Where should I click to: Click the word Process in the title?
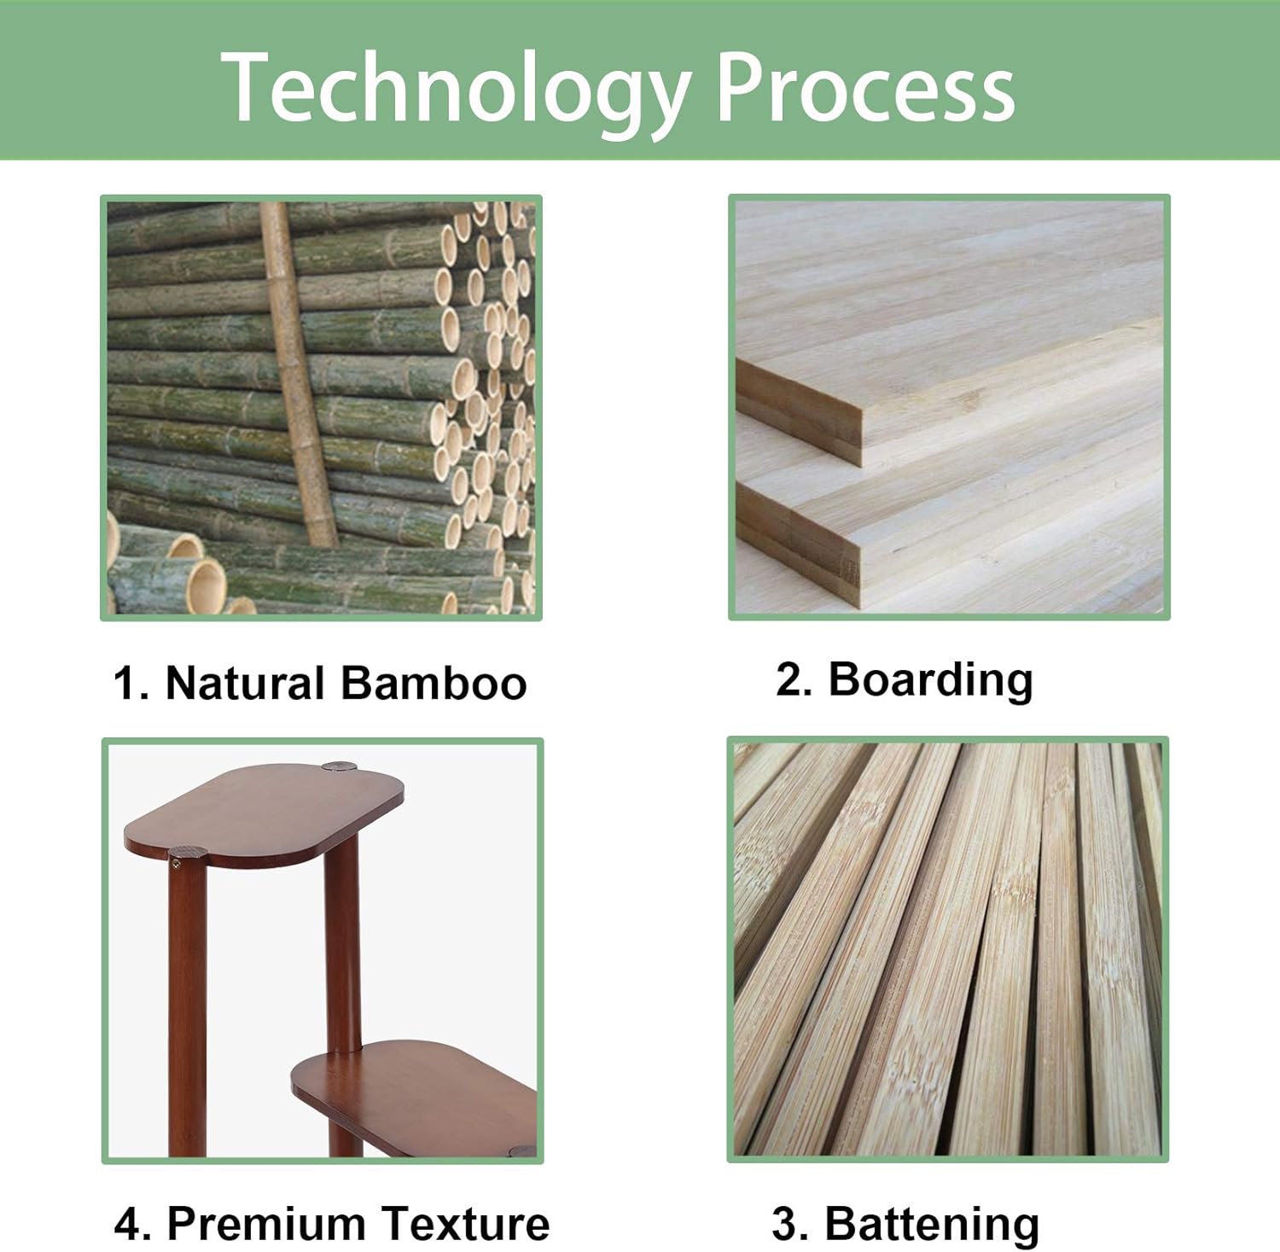pyautogui.click(x=865, y=87)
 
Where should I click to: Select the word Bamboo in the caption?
pyautogui.click(x=433, y=683)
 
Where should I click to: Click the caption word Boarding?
pyautogui.click(x=930, y=680)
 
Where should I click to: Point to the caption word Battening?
pyautogui.click(x=932, y=1224)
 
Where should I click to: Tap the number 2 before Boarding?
pyautogui.click(x=789, y=679)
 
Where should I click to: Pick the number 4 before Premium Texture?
pyautogui.click(x=129, y=1224)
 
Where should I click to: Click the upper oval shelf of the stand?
pyautogui.click(x=265, y=813)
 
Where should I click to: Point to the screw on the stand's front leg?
pyautogui.click(x=176, y=865)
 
